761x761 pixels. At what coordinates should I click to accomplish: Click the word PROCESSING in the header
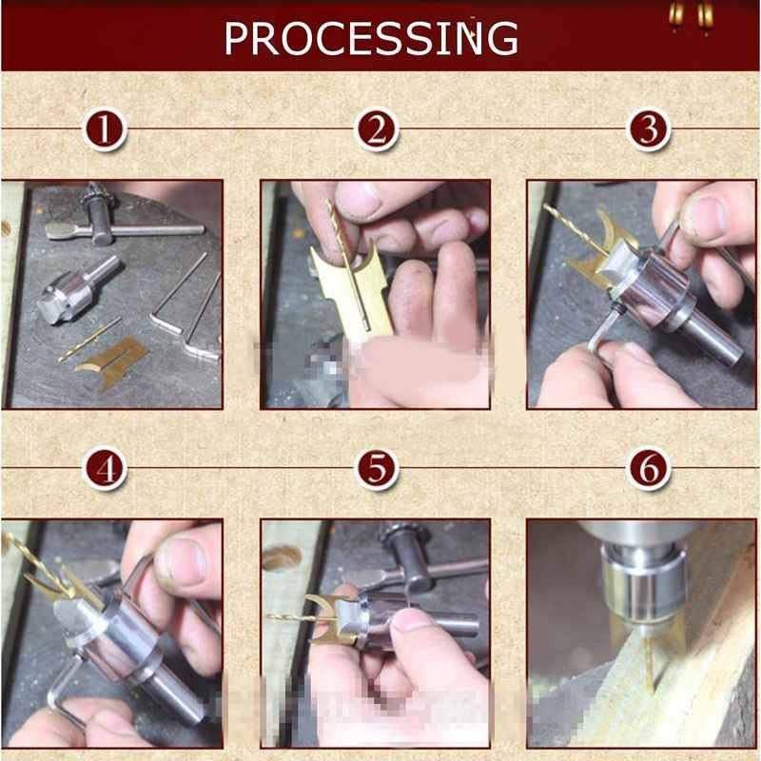coord(371,37)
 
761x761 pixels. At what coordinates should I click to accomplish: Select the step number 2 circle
coord(377,129)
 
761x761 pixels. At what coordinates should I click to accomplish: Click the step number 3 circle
coord(649,129)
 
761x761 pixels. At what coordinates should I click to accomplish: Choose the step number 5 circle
coord(377,469)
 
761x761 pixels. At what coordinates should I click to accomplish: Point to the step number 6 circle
coord(649,469)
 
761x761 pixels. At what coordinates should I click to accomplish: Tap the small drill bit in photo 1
coord(88,340)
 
